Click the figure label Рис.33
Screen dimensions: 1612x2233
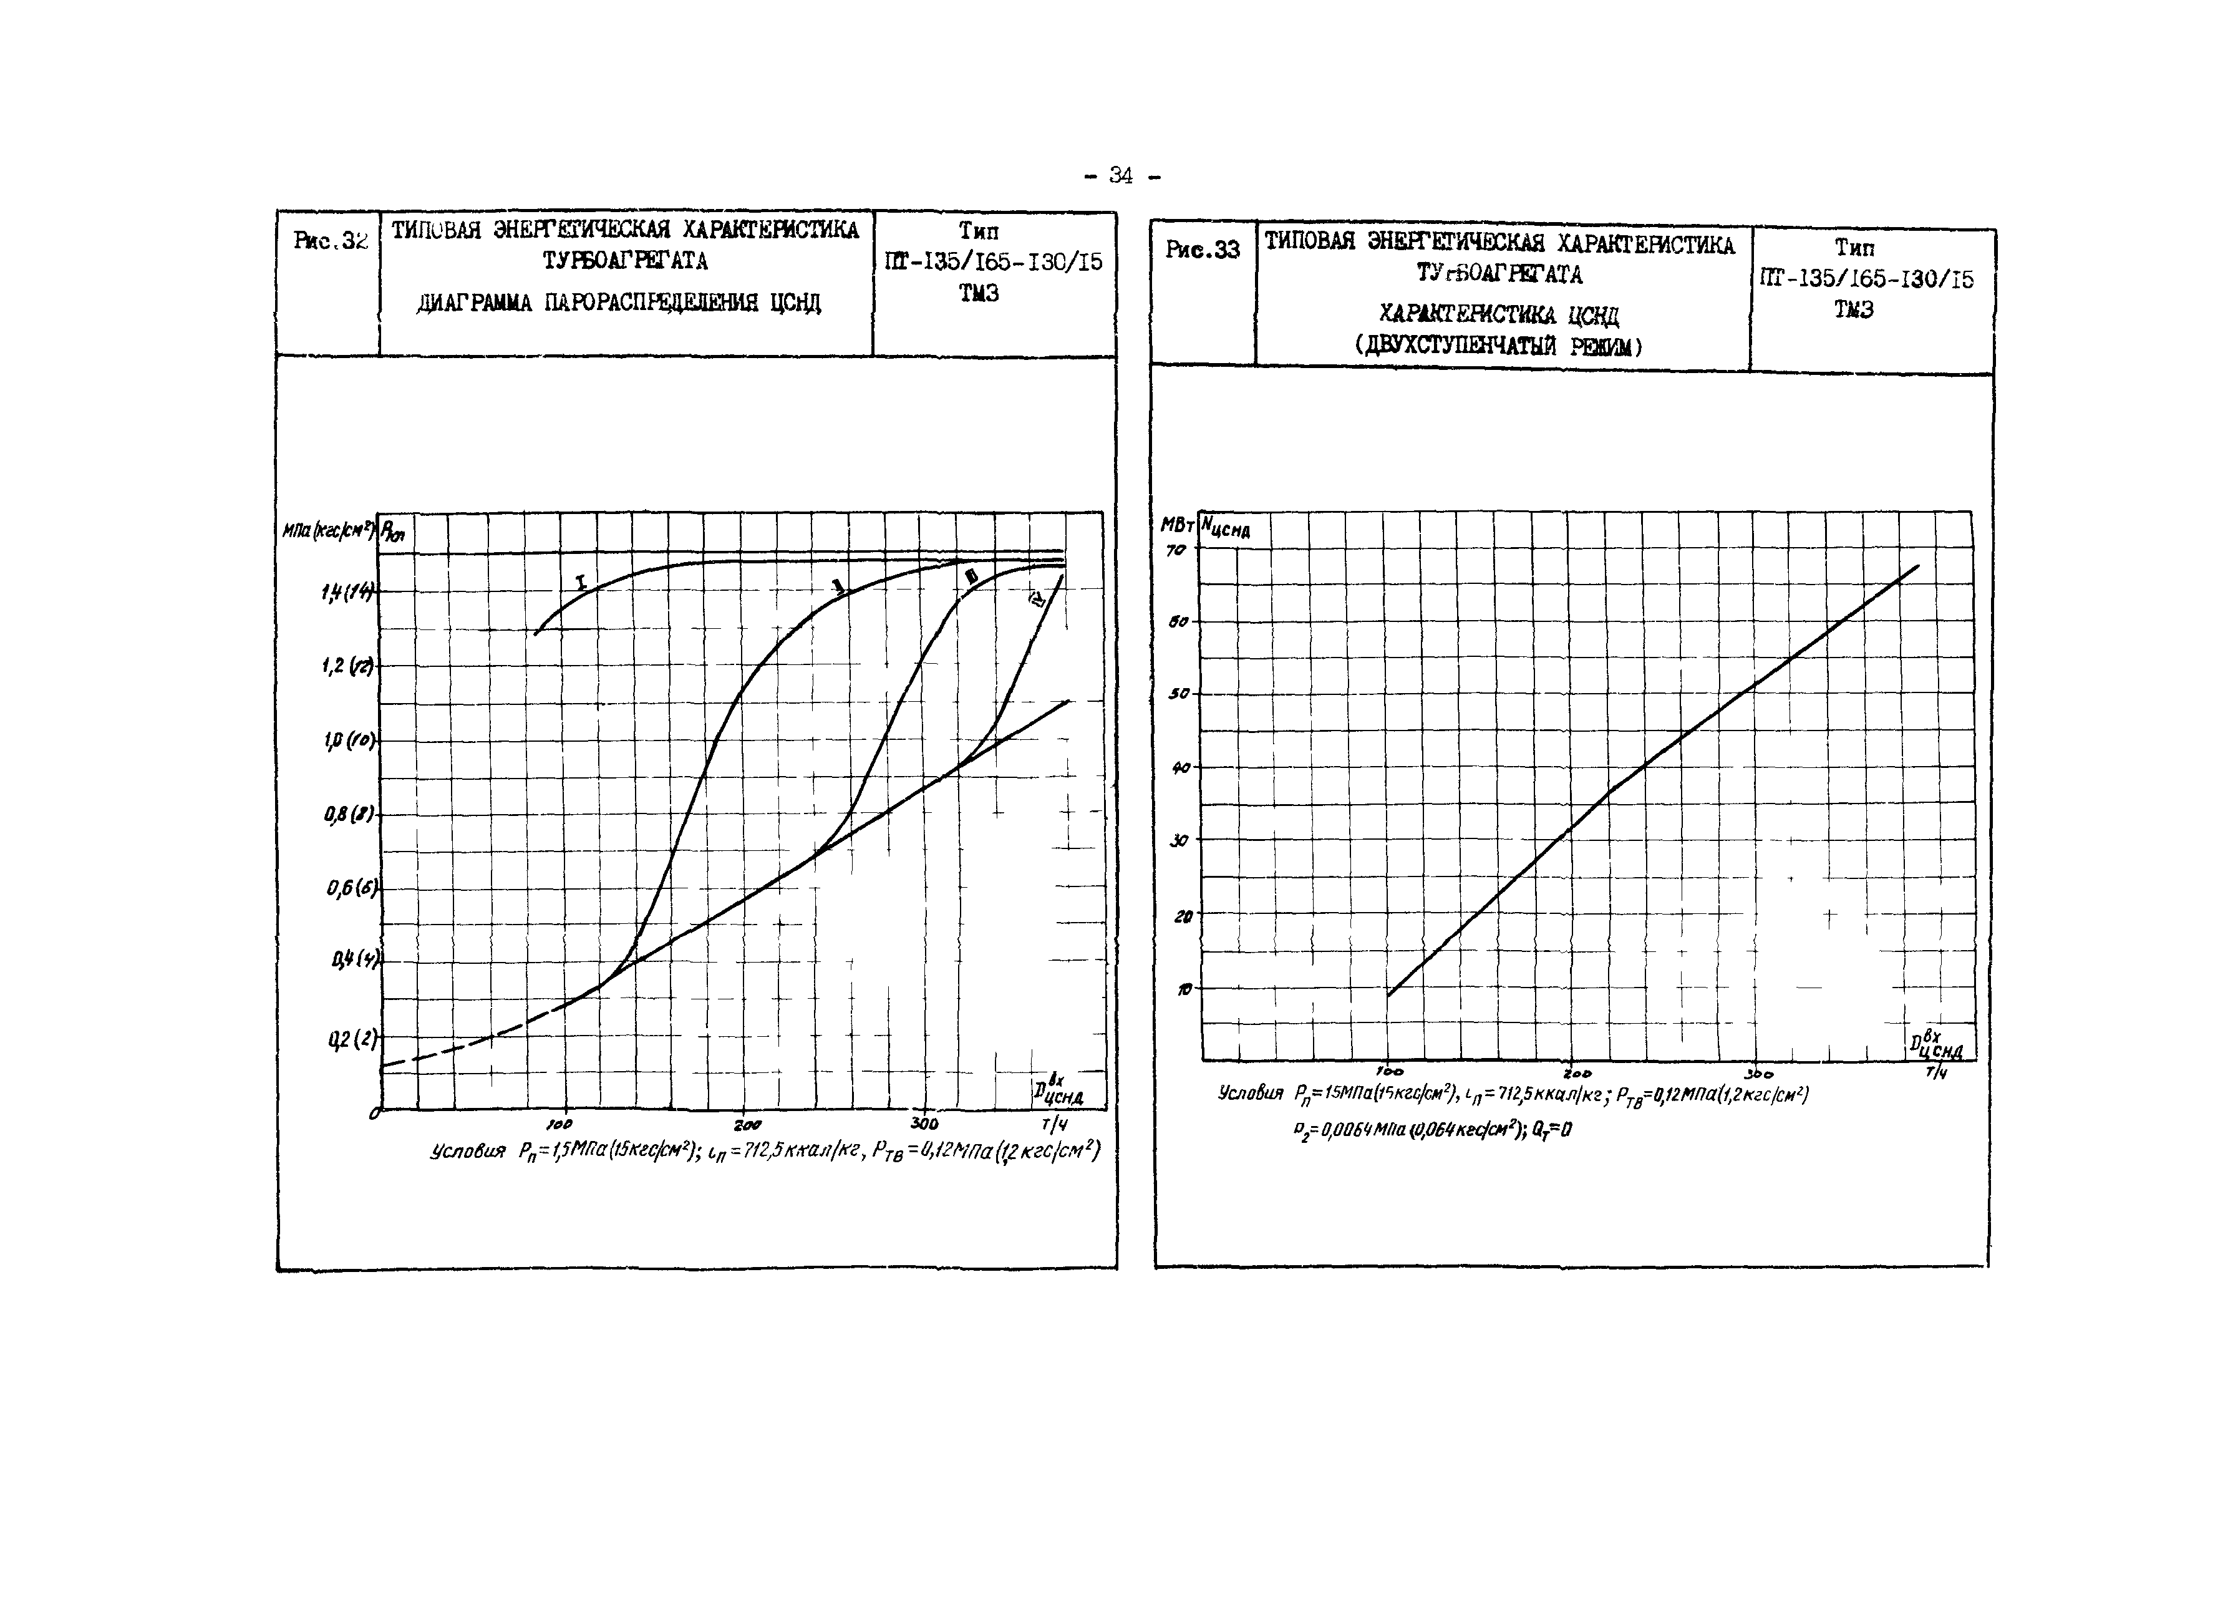tap(1202, 250)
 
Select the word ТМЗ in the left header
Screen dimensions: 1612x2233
tap(979, 293)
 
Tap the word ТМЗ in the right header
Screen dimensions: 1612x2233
tap(1853, 310)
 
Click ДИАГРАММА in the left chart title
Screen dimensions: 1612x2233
tap(475, 303)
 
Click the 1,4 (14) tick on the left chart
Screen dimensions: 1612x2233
tap(347, 592)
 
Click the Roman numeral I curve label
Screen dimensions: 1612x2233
tap(581, 583)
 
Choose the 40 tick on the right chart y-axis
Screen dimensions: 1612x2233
tap(1179, 768)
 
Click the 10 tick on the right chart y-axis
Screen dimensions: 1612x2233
tap(1183, 989)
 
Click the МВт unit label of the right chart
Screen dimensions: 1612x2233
tap(1178, 525)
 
